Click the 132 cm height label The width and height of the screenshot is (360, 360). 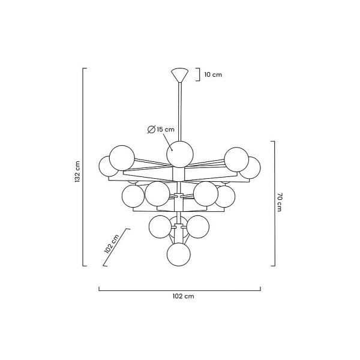[77, 171]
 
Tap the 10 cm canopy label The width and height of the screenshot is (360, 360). [213, 74]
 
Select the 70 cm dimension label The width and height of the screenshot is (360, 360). [279, 202]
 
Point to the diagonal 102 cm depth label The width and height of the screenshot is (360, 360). [112, 244]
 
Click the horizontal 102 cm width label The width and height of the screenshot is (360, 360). [183, 296]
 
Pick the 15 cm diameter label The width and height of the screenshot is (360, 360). [166, 129]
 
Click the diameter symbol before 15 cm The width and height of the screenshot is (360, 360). [151, 130]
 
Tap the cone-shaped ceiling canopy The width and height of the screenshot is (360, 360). [180, 75]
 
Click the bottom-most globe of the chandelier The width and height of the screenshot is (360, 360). [179, 254]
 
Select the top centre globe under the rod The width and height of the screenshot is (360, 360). [180, 154]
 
